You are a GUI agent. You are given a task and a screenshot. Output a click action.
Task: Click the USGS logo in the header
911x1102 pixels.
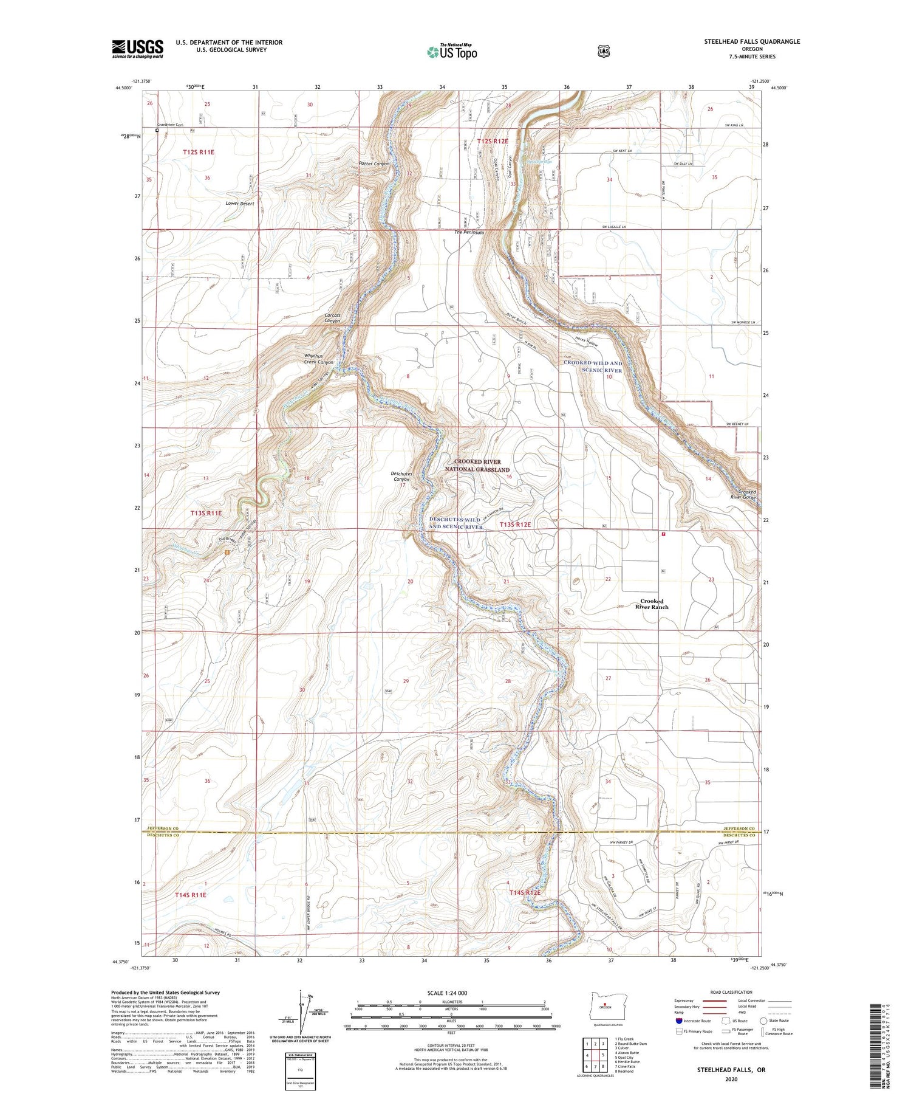point(137,49)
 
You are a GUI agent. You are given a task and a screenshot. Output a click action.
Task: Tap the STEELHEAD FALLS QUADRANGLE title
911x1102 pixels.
point(752,41)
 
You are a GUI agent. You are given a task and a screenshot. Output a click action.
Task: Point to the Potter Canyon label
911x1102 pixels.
point(374,164)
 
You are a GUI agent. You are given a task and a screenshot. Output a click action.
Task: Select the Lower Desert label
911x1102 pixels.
point(239,204)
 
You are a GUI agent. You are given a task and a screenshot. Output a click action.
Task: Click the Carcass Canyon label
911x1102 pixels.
point(333,318)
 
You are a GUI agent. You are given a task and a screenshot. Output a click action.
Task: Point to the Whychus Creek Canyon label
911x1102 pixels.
point(319,359)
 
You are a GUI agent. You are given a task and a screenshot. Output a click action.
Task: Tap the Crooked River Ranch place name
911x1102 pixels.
point(652,604)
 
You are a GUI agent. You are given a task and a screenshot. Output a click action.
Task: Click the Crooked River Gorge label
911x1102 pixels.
point(746,494)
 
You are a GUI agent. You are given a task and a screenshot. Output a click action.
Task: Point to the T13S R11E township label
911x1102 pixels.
point(206,513)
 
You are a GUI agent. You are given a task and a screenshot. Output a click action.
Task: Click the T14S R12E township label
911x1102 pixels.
point(525,892)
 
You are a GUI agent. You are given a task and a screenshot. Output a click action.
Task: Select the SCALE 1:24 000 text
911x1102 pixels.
point(451,993)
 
